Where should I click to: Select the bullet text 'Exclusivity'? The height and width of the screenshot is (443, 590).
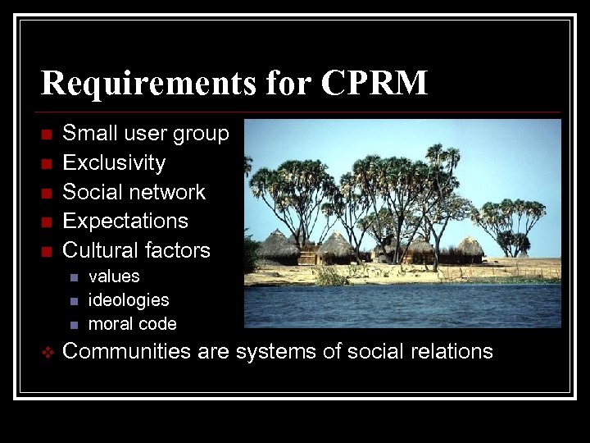[114, 162]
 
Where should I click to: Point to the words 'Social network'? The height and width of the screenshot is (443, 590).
[134, 192]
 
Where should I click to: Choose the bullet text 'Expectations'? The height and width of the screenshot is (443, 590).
[125, 221]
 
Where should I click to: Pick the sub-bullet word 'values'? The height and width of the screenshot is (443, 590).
[114, 276]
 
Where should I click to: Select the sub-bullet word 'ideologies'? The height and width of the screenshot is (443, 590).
[128, 300]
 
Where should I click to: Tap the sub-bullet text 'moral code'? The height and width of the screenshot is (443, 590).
[132, 324]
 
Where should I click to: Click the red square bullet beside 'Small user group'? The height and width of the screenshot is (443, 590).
[46, 134]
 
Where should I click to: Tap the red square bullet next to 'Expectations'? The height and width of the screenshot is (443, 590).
[46, 221]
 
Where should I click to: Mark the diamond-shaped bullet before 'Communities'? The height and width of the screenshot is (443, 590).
[46, 353]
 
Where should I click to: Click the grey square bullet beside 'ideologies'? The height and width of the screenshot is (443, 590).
[73, 301]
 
